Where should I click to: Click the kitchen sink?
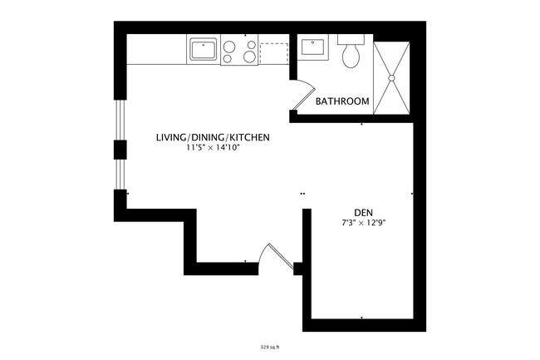[x=202, y=50]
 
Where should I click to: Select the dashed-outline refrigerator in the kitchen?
[x=273, y=52]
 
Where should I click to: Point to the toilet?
[x=351, y=54]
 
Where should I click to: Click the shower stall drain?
[x=391, y=77]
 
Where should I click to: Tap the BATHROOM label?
[x=342, y=101]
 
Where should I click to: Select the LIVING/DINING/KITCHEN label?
[x=213, y=137]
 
